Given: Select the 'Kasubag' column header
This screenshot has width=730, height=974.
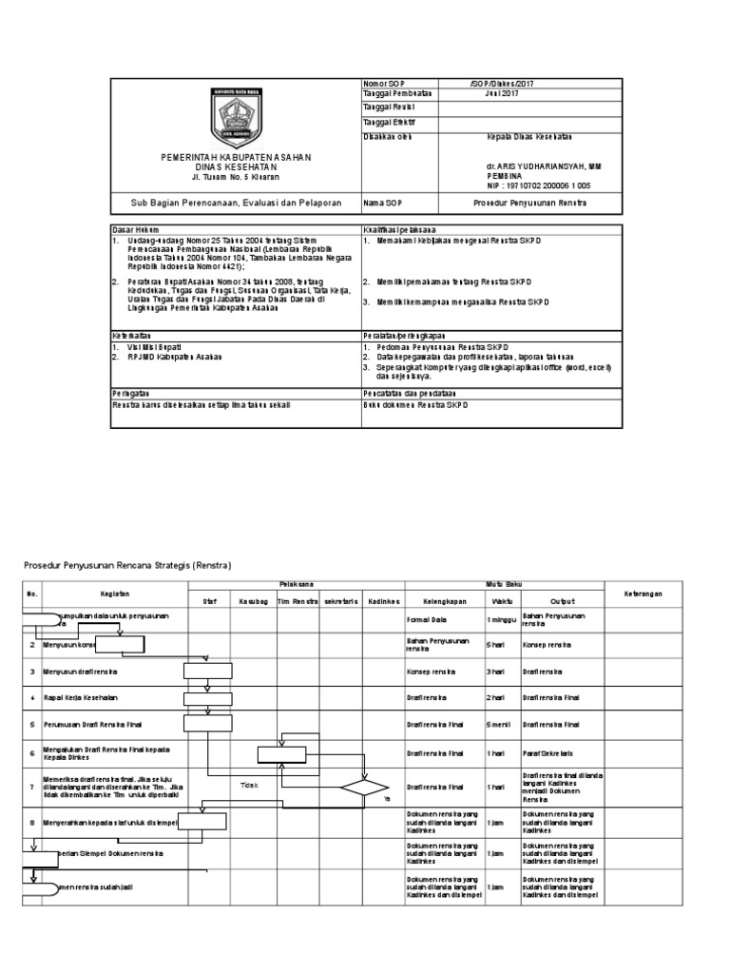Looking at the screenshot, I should [253, 600].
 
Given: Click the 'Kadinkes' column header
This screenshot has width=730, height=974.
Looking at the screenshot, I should [384, 600].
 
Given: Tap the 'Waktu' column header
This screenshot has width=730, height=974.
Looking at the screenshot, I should [501, 600].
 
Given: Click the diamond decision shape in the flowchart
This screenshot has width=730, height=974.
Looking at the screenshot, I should [364, 787].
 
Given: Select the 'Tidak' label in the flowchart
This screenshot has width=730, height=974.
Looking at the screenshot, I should [249, 785].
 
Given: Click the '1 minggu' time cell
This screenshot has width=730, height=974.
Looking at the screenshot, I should [501, 619].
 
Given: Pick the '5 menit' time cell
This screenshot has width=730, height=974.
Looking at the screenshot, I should [500, 724].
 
